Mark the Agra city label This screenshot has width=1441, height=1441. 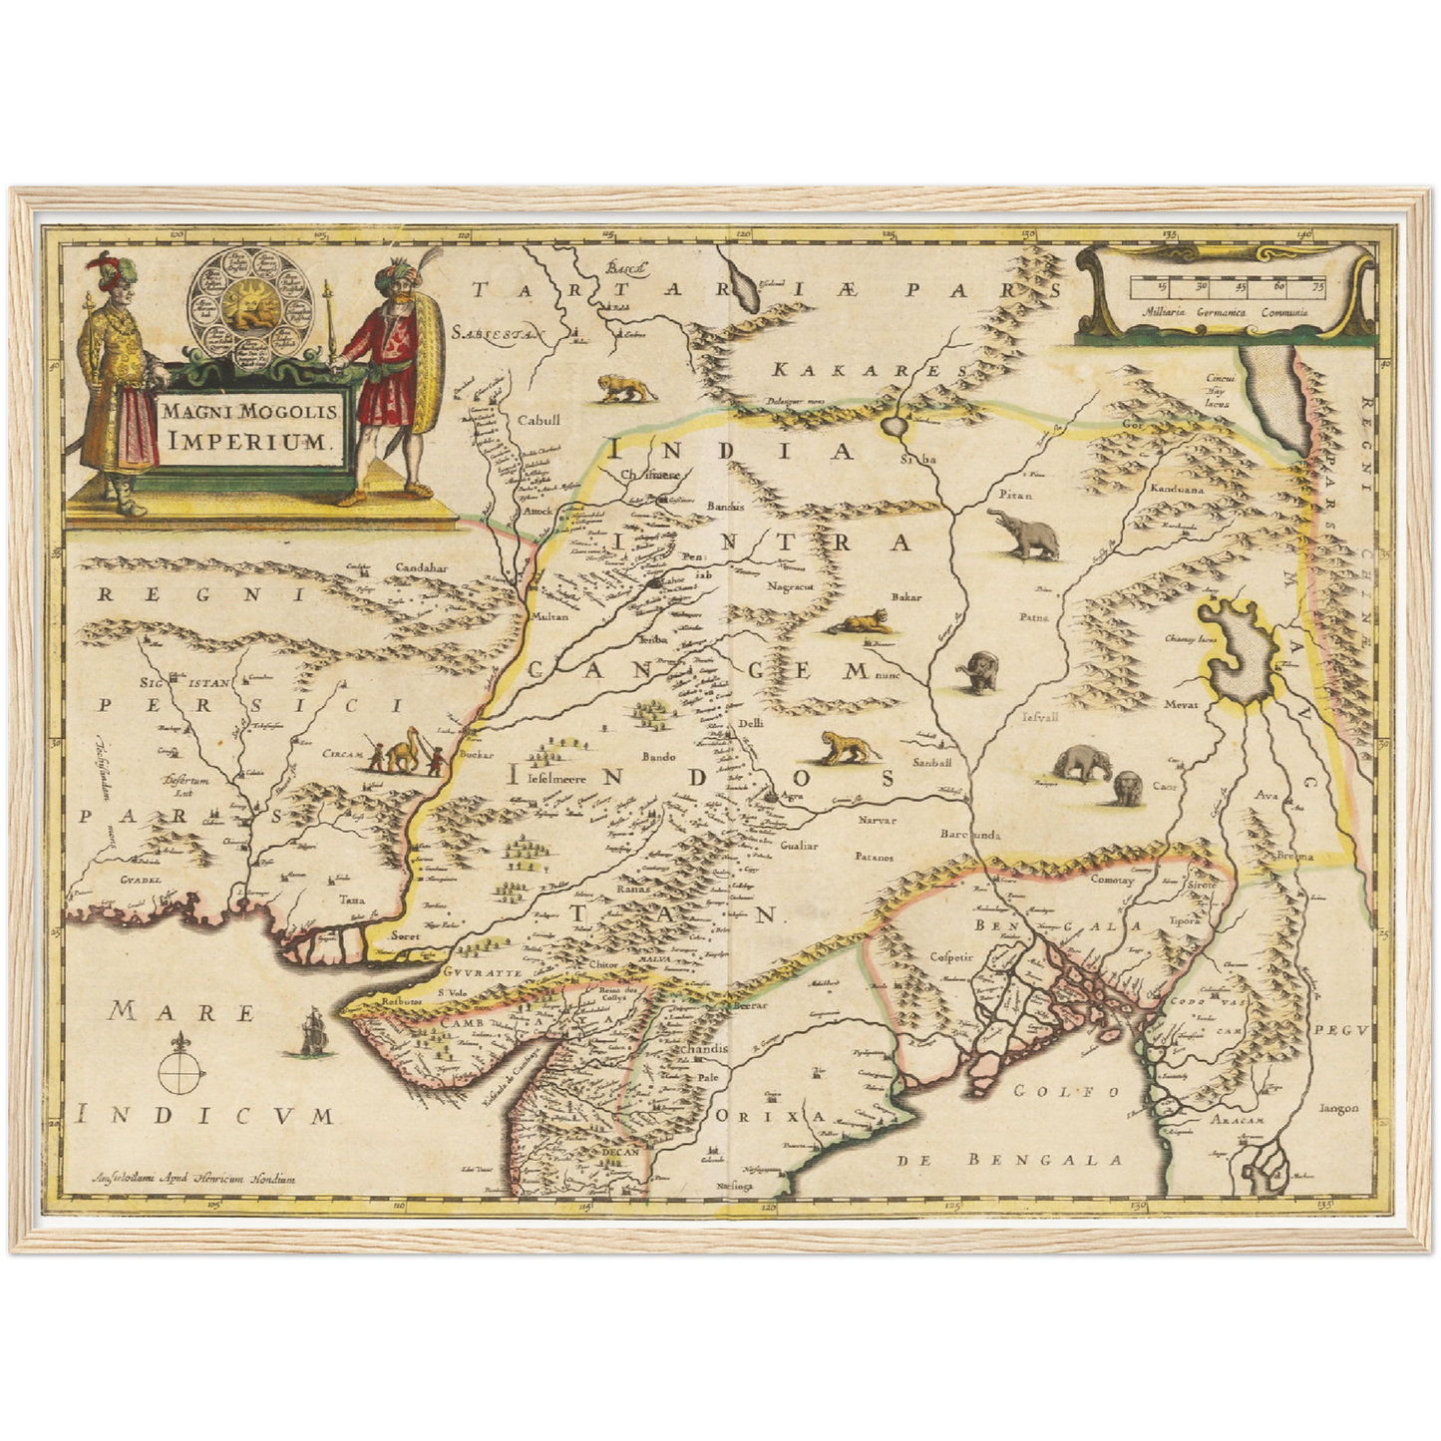794,797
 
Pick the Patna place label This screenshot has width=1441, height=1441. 1034,618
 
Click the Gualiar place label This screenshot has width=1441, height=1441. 799,845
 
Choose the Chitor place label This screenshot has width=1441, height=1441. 603,965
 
